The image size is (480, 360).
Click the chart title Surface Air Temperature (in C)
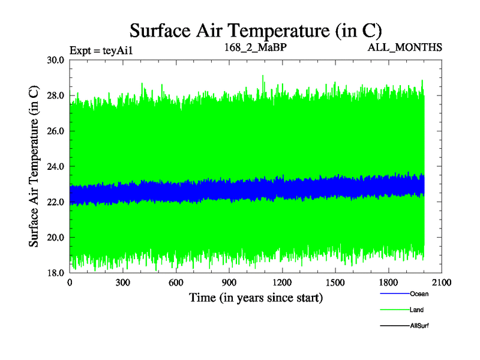[256, 30]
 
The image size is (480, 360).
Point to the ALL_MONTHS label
[405, 47]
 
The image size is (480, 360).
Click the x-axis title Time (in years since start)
[256, 298]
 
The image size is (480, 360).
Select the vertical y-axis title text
[35, 166]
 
